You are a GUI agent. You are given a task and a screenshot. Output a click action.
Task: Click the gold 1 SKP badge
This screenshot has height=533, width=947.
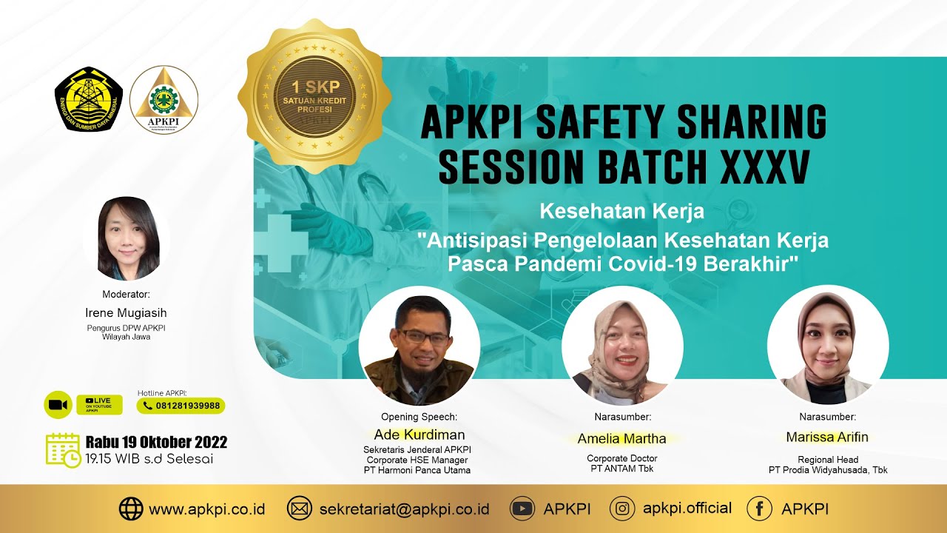(314, 96)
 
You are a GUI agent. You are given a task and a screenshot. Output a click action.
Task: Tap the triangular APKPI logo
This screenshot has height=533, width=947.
(164, 99)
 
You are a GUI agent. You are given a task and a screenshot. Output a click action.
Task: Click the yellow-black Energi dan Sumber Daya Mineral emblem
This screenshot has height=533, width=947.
(87, 99)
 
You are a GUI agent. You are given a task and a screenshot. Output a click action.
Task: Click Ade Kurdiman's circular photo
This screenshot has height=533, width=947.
(419, 346)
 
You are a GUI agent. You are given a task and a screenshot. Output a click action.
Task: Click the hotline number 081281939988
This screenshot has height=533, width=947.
(181, 406)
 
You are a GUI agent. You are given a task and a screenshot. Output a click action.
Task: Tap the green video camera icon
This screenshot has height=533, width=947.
(58, 405)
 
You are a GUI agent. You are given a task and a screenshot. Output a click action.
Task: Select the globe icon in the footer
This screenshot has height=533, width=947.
(131, 509)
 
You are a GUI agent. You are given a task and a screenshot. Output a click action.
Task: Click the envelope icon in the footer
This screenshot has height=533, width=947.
(300, 509)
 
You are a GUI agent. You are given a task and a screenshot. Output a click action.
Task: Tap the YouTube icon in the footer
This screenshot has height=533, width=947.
(522, 509)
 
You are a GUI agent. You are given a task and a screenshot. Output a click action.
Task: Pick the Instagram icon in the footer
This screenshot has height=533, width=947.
(622, 509)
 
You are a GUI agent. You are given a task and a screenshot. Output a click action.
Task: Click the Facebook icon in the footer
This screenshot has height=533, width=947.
(759, 509)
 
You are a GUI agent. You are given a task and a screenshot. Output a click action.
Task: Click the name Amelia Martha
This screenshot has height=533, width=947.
(621, 439)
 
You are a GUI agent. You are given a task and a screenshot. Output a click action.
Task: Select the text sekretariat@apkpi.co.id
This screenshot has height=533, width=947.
(404, 509)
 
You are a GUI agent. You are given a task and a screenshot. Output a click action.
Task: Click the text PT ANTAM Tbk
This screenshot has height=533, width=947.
(621, 469)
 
